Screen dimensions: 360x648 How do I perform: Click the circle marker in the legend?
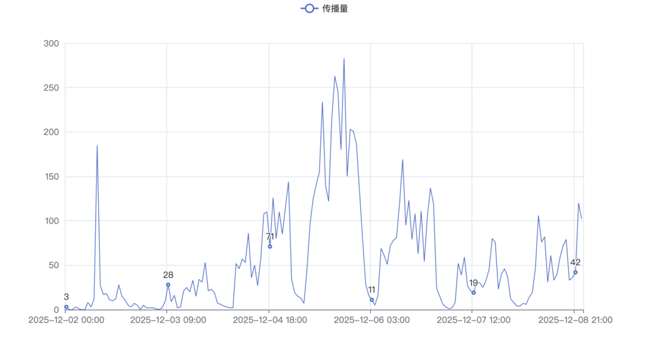coord(309,8)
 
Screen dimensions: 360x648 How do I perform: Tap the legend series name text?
coord(335,8)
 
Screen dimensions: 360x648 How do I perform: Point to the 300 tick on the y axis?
coord(52,43)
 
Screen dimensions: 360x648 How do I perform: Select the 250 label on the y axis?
coord(52,88)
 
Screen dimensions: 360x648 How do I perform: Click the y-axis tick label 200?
coord(52,132)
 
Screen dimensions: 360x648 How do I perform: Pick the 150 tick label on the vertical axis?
coord(52,176)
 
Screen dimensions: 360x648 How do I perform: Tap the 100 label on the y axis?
coord(52,221)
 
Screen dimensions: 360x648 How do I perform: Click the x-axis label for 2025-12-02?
coord(66,320)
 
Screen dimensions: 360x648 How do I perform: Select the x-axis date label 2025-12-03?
coord(168,320)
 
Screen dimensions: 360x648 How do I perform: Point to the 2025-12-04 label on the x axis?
coord(269,320)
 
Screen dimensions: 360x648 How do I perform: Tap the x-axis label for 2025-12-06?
coord(371,320)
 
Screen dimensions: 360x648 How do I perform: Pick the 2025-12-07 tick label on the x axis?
coord(473,320)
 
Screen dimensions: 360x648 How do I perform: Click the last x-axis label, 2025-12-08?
coord(575,320)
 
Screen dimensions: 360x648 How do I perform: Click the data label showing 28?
coord(168,275)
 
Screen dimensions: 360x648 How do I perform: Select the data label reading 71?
coord(270,236)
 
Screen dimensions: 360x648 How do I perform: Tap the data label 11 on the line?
coord(372,290)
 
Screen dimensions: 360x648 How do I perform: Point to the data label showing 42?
coord(575,262)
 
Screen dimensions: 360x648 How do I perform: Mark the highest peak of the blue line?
coord(344,59)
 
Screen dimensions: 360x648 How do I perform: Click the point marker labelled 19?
coord(474,293)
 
